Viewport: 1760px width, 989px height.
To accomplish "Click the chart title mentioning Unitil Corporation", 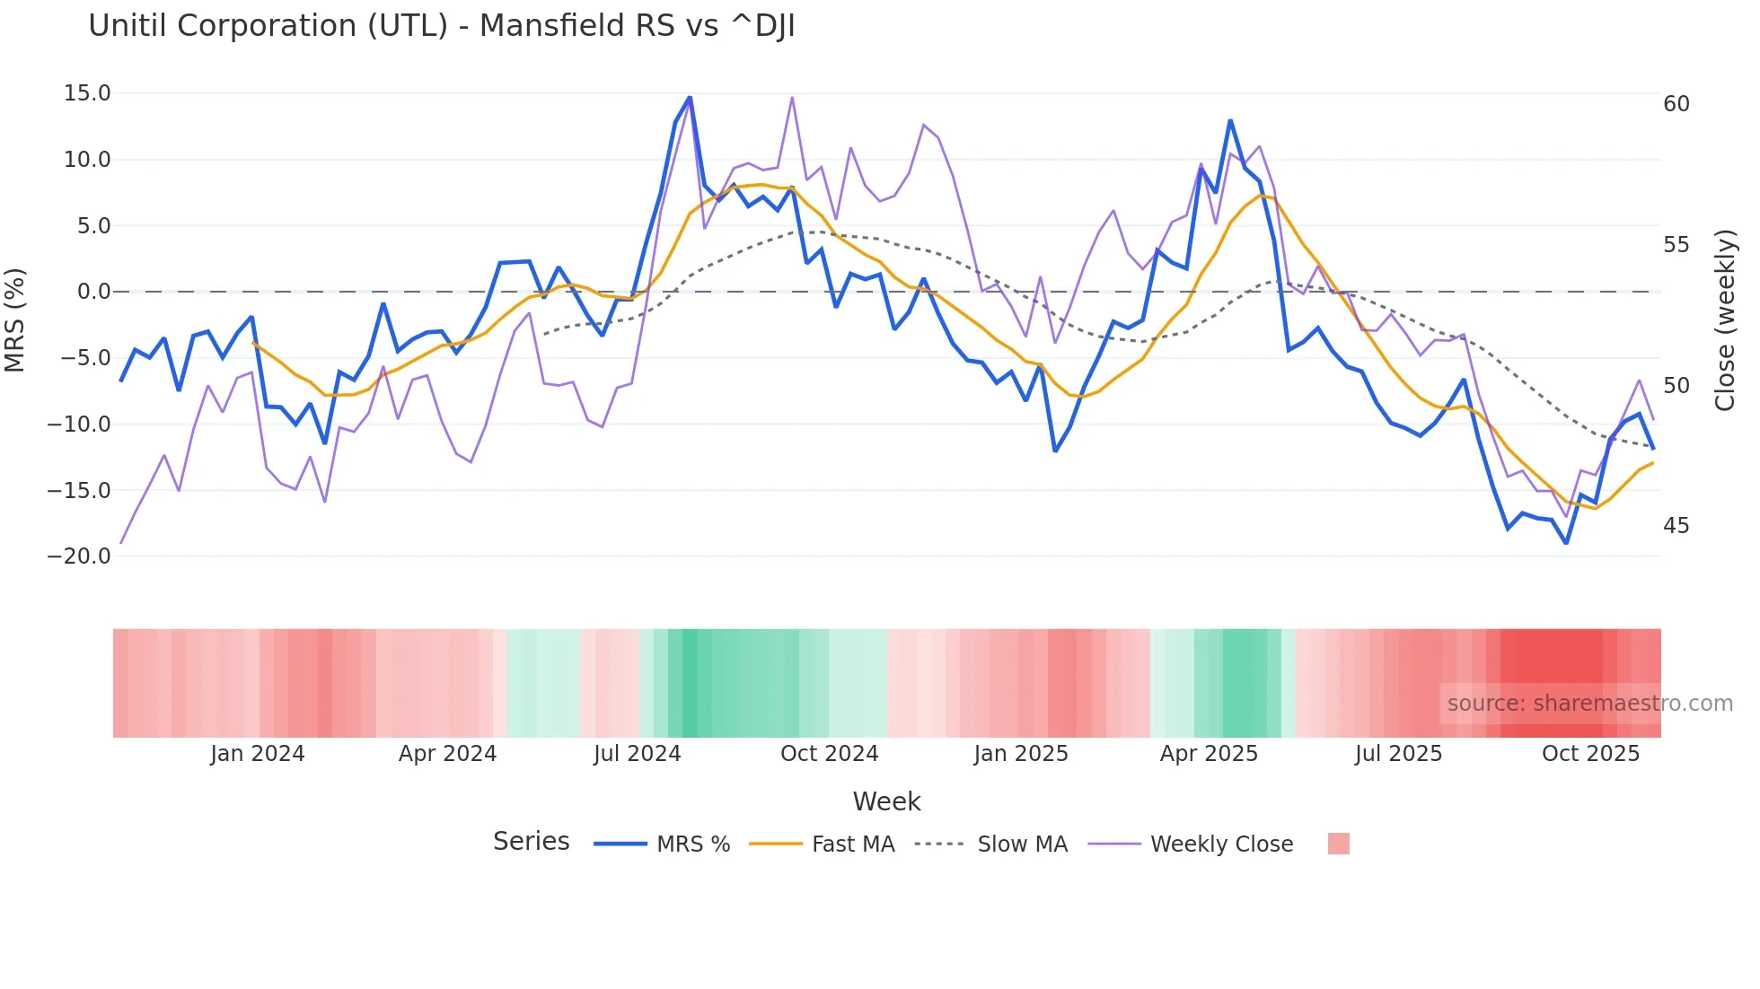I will (441, 26).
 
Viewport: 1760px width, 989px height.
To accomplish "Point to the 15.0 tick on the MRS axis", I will (87, 93).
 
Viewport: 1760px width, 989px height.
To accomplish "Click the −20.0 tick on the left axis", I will (80, 556).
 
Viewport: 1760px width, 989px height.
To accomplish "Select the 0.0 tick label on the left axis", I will (93, 292).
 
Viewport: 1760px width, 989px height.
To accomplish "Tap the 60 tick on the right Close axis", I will (1676, 104).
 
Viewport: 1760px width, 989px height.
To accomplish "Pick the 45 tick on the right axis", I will (1676, 526).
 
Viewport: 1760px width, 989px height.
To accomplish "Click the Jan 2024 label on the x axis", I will (258, 754).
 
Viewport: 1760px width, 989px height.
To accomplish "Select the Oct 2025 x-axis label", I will (1590, 754).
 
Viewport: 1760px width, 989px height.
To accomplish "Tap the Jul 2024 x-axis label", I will (637, 754).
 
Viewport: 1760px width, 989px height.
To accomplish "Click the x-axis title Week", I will (886, 801).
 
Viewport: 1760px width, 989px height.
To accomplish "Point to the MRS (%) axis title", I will (15, 320).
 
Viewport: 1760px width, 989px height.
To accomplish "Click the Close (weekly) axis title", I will (1724, 320).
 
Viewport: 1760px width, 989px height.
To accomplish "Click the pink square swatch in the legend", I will (1338, 845).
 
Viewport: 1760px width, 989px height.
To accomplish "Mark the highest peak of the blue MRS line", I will (690, 97).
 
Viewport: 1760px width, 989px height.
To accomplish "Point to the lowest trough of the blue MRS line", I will (1566, 543).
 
